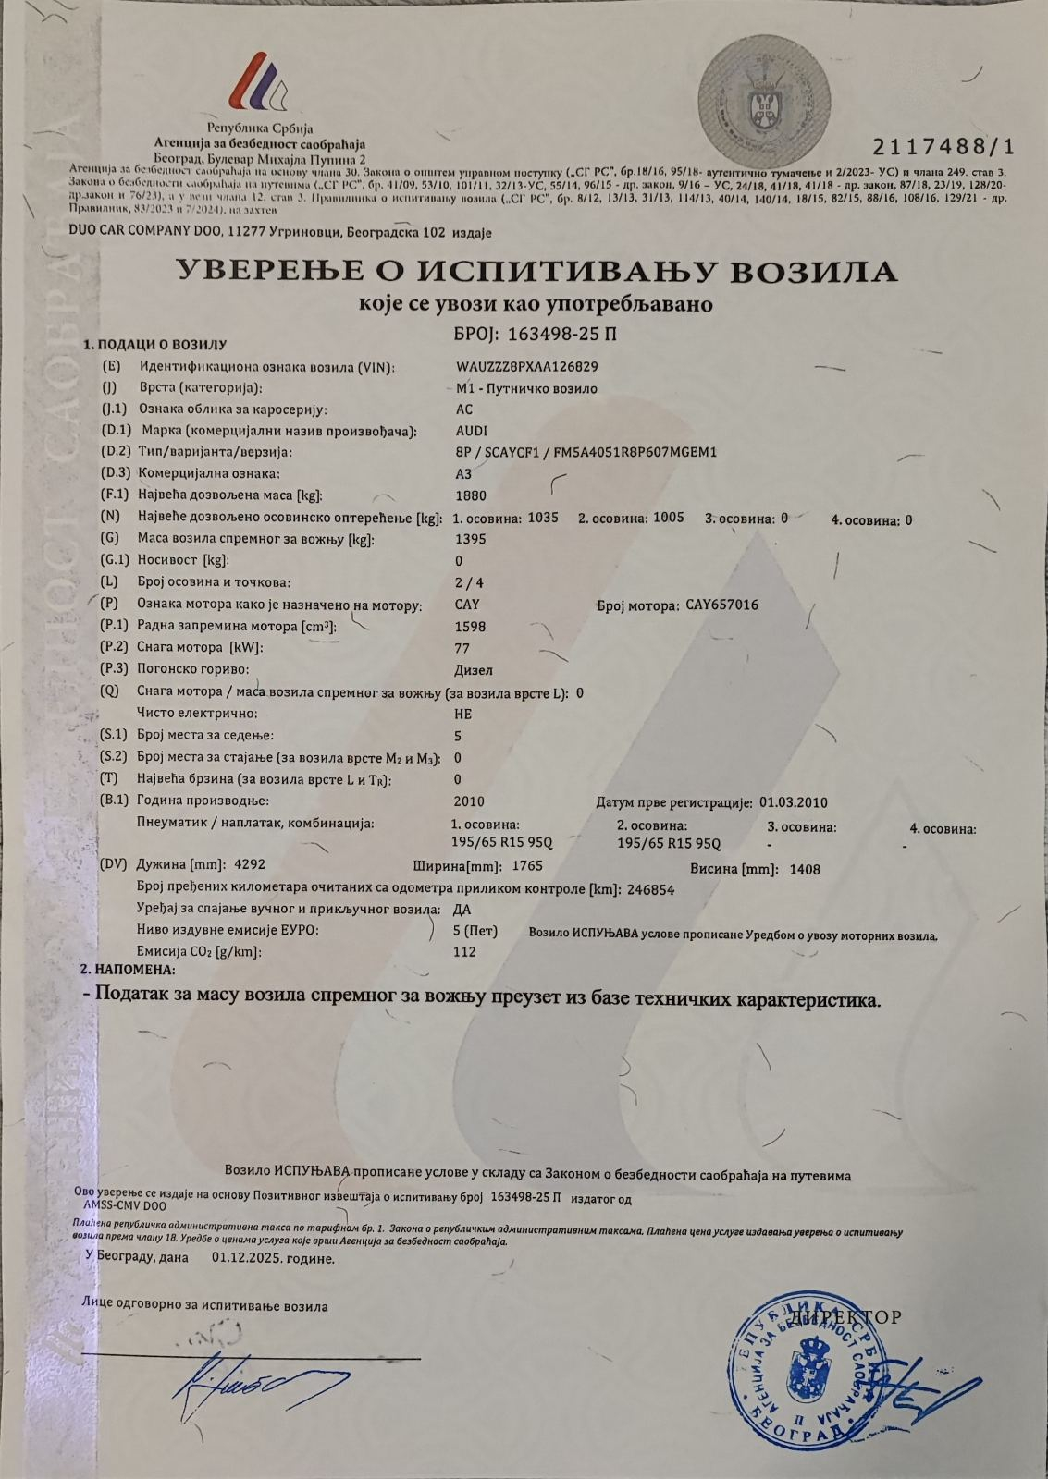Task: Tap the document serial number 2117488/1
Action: pos(943,147)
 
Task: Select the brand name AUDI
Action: pos(472,431)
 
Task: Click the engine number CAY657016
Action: pos(722,605)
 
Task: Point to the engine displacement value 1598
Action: pos(471,626)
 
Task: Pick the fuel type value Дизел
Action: pos(474,670)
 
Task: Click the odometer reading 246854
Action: pos(650,889)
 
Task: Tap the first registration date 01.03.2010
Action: pos(793,801)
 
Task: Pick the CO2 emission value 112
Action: pos(465,951)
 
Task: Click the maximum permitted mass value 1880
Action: pos(471,495)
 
